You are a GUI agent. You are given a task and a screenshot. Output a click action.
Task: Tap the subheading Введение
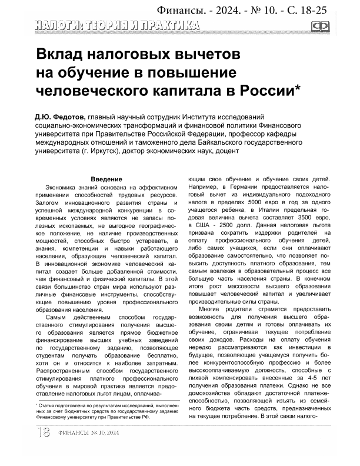[x=106, y=179]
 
